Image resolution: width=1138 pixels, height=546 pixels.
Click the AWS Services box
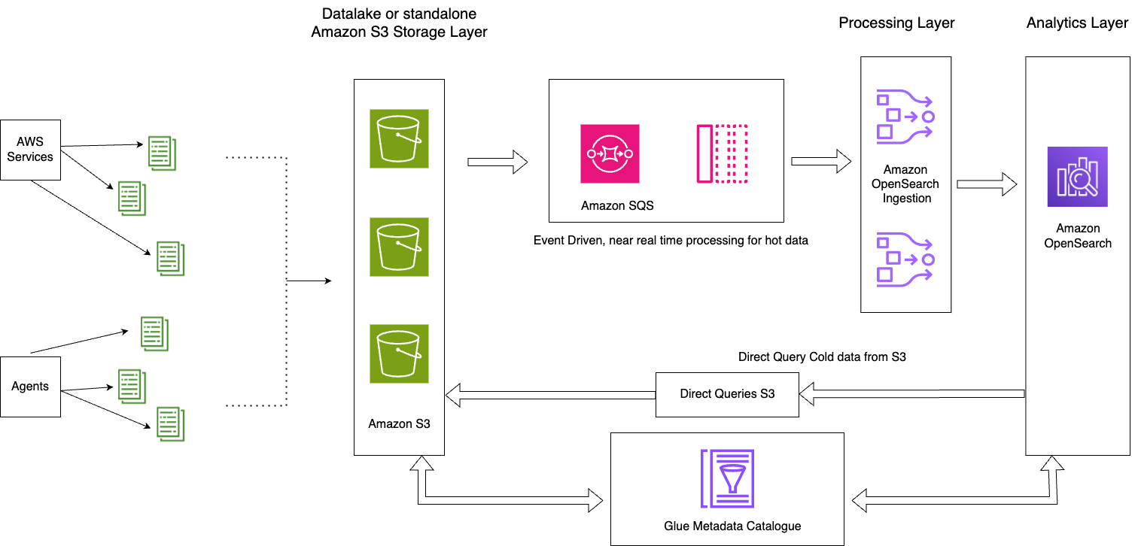click(30, 150)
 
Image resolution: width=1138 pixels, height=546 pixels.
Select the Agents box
click(30, 387)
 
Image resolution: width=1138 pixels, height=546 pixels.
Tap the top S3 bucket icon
click(399, 138)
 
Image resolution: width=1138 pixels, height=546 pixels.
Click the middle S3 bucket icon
click(399, 247)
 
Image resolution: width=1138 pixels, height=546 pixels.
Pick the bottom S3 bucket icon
click(399, 353)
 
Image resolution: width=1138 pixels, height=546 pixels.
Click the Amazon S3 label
click(399, 423)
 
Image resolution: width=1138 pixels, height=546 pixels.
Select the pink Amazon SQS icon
click(610, 153)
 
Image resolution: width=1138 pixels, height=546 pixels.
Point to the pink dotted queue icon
click(722, 153)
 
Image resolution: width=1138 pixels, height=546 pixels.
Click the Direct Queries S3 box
click(727, 394)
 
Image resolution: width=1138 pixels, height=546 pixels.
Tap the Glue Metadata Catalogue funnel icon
click(727, 479)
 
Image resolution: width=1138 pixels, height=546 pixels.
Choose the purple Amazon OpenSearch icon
click(1078, 177)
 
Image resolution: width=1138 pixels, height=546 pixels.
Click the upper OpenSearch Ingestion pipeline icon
click(905, 117)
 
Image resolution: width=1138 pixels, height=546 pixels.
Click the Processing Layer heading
click(896, 23)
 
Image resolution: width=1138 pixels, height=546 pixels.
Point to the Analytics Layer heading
click(1077, 23)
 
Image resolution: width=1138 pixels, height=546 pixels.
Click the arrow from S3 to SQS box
click(497, 162)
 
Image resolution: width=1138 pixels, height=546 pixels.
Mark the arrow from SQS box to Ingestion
click(820, 162)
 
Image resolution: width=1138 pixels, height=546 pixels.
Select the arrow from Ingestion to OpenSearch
click(987, 184)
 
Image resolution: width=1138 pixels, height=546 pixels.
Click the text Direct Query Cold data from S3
click(822, 357)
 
